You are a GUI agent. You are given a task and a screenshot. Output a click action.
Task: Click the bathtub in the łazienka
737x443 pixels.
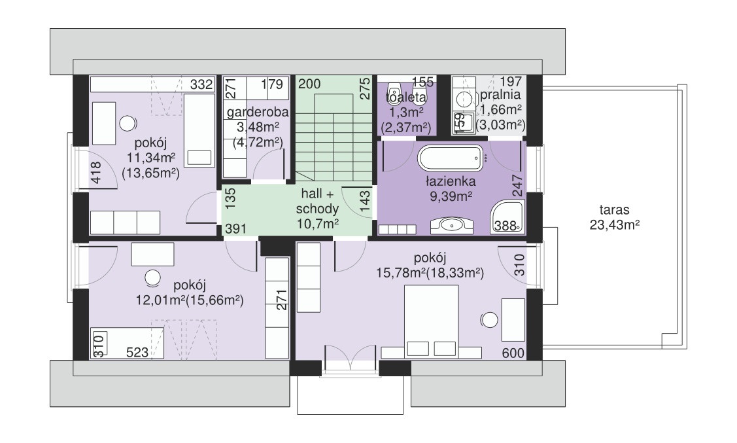(451, 158)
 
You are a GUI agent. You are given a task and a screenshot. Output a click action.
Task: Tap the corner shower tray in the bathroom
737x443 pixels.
(507, 217)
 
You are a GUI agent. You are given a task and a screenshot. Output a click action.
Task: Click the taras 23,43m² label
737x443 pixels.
(614, 217)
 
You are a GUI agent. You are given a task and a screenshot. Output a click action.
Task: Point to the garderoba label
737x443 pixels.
(258, 113)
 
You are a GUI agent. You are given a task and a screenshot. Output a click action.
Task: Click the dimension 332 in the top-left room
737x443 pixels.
(201, 84)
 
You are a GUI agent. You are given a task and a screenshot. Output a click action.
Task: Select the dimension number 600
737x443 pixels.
(513, 353)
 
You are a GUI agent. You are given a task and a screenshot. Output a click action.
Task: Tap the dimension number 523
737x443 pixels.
(137, 352)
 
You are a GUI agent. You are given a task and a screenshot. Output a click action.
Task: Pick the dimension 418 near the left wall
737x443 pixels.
(95, 172)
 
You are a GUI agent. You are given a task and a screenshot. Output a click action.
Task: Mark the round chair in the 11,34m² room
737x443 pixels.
(128, 123)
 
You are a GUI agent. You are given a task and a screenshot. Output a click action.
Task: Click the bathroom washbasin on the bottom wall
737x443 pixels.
(451, 225)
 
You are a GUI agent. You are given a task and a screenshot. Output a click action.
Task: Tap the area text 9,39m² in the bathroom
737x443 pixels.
(451, 196)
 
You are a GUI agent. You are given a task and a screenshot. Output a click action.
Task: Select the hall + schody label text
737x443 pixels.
(318, 202)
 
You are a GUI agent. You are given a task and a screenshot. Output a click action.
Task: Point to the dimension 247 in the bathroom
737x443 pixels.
(517, 186)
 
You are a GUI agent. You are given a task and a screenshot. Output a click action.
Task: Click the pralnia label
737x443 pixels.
(500, 94)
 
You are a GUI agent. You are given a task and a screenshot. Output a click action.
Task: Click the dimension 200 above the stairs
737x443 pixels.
(310, 84)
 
